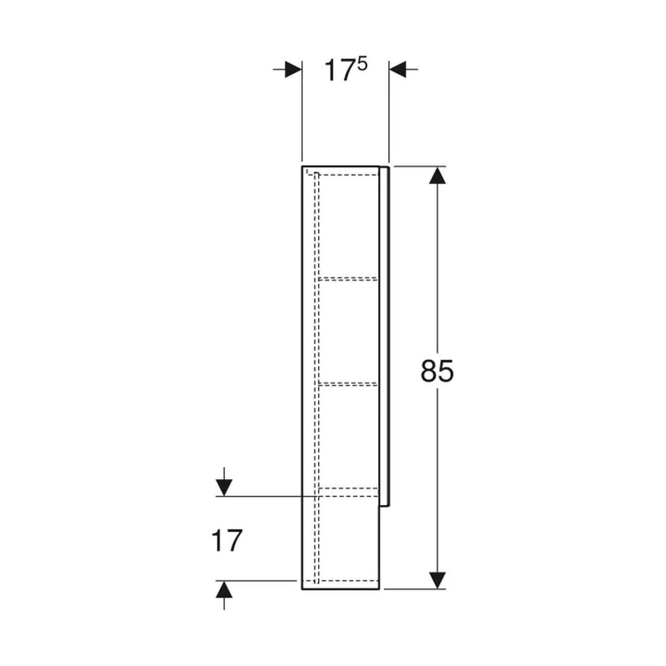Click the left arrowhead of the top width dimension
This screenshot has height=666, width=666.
[293, 69]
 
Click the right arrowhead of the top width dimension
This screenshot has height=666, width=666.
[397, 69]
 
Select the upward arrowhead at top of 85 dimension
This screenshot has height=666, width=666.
[437, 175]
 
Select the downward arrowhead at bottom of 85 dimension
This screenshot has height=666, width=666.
[437, 581]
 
